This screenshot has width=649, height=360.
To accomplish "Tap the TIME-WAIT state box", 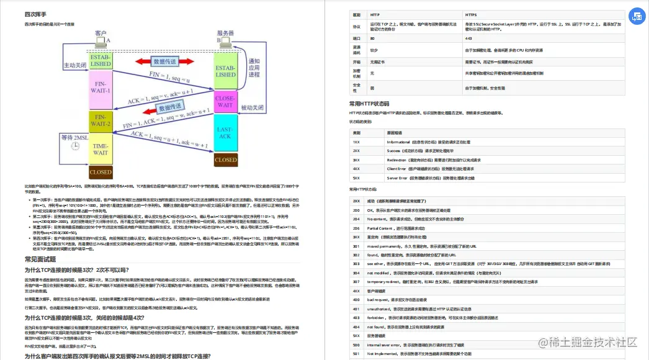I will pyautogui.click(x=101, y=149).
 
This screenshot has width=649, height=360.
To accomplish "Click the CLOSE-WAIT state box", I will pyautogui.click(x=226, y=101).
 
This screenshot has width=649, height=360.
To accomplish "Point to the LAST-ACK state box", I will pyautogui.click(x=226, y=132).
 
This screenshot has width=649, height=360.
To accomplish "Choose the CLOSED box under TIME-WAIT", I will pyautogui.click(x=101, y=172).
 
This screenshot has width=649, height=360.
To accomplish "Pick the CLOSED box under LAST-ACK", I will pyautogui.click(x=226, y=160).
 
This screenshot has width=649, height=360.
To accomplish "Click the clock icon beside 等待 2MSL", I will pyautogui.click(x=74, y=145).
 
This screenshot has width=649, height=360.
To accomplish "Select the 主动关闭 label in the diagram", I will pyautogui.click(x=76, y=65).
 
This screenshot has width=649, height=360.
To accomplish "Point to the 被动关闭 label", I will pyautogui.click(x=253, y=107).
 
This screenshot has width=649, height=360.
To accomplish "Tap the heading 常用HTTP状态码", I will pyautogui.click(x=369, y=104).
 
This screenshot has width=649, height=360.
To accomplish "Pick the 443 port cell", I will pyautogui.click(x=468, y=38).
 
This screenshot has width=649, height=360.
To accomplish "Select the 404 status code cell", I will pyautogui.click(x=356, y=326).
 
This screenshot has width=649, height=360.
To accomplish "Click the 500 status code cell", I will pyautogui.click(x=356, y=344).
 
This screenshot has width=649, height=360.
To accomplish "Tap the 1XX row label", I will pyautogui.click(x=356, y=142).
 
